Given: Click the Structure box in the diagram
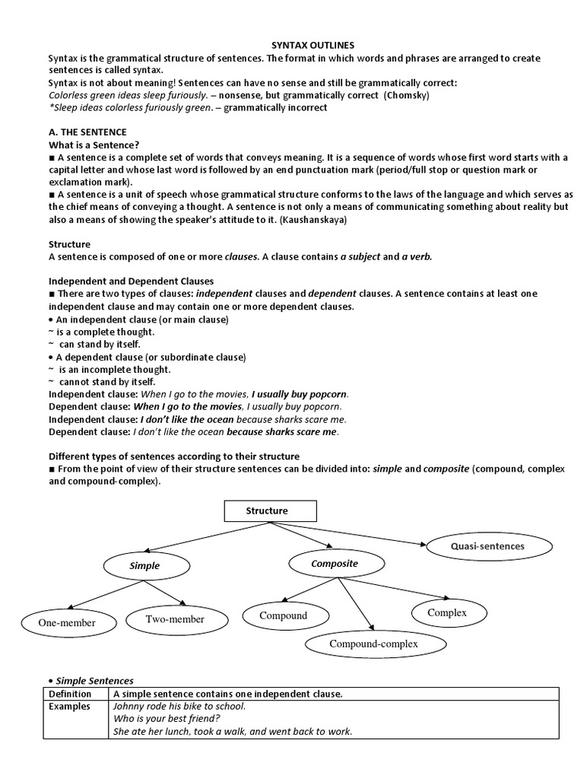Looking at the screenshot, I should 267,510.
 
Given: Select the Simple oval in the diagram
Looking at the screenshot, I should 144,566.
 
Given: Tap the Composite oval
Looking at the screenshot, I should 334,564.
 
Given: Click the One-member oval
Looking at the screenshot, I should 68,623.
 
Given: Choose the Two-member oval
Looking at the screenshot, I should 175,619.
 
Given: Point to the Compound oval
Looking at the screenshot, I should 284,615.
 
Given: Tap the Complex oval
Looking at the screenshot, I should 447,612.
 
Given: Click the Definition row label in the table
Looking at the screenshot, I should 70,694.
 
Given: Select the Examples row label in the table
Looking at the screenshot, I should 69,706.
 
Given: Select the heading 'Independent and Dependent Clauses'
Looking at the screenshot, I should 131,281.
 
